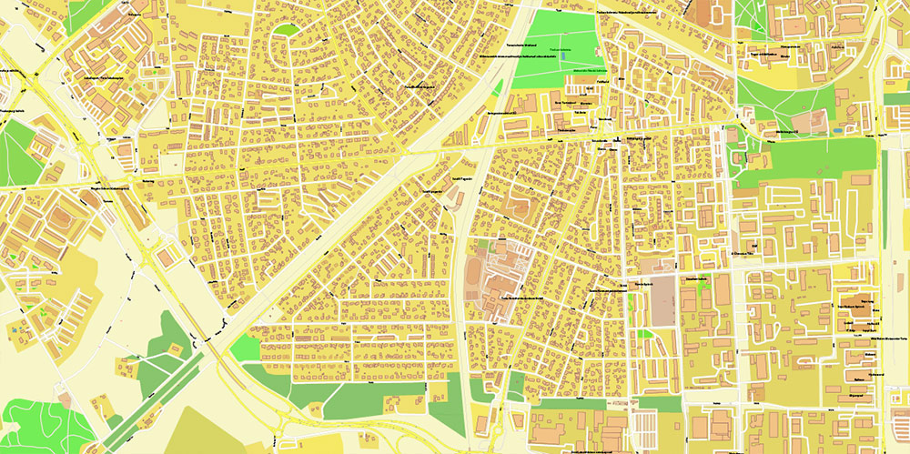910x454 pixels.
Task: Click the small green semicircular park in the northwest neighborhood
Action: pos(288,30)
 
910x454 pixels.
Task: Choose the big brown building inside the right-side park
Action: pos(814,120)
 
